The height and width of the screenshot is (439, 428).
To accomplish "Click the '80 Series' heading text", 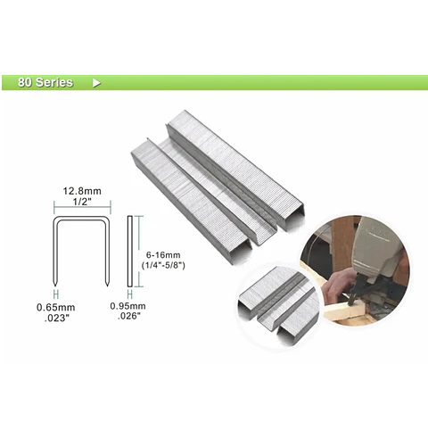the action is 45,82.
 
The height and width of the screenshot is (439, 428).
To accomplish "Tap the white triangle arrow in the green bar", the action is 96,83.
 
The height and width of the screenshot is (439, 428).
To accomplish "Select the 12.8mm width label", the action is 82,191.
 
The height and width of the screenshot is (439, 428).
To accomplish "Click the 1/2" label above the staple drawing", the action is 82,202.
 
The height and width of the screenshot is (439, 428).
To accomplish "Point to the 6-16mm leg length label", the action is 163,255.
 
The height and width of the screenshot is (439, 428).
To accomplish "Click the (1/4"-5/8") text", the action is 163,265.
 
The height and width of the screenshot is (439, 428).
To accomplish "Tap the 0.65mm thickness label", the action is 56,307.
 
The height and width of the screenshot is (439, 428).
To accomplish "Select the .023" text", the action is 56,318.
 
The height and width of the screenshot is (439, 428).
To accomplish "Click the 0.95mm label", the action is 128,306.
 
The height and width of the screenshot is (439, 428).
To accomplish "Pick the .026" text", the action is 129,316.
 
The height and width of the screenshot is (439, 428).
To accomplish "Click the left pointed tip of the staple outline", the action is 54,286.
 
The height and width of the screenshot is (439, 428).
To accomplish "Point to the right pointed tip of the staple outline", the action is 107,286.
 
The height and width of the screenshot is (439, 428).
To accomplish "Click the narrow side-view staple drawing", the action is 129,252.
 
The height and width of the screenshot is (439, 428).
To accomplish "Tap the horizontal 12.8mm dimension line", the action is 82,207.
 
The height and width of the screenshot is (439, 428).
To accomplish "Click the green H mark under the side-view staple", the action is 129,294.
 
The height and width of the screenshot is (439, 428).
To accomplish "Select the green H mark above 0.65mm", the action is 56,294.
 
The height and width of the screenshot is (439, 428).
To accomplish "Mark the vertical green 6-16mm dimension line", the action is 139,252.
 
